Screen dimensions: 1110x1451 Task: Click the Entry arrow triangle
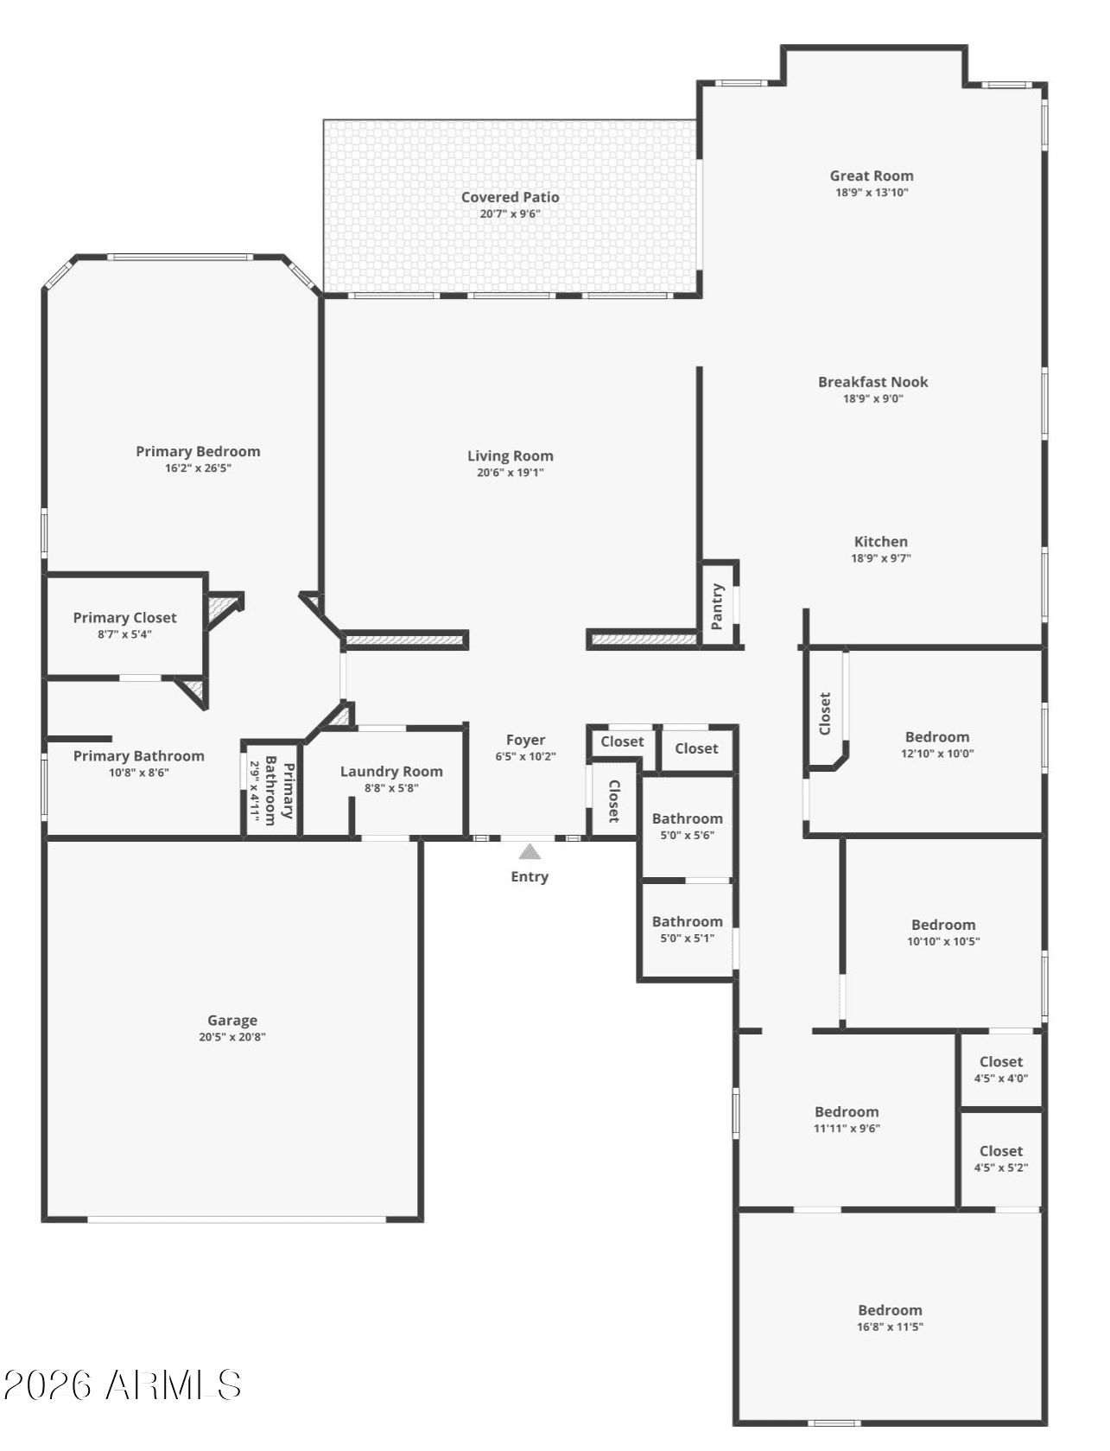point(530,851)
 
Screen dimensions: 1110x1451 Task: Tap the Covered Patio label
point(510,197)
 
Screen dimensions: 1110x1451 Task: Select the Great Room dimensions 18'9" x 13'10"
point(872,193)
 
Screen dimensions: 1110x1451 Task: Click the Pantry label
point(717,606)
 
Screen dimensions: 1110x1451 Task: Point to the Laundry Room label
point(391,772)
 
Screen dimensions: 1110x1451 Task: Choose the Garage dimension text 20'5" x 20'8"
point(232,1036)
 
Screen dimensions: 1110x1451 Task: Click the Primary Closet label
point(125,617)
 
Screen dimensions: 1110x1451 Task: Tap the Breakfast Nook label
point(872,382)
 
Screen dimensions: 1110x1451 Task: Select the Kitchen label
point(881,541)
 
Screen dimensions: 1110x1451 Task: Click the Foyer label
point(526,741)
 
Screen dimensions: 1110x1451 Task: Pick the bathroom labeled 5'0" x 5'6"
point(687,818)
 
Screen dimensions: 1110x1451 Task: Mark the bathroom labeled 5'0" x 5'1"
point(687,921)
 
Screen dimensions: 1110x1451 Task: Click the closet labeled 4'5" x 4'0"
point(1001,1061)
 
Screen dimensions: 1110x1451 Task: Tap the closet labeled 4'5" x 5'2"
point(1001,1151)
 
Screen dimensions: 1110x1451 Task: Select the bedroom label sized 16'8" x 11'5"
point(890,1309)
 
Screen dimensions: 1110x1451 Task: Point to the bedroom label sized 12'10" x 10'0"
point(937,736)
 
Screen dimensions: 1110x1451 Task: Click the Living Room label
point(510,456)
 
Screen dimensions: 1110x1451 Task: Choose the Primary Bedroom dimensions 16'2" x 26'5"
point(198,468)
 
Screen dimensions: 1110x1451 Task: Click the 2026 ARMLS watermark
point(123,1385)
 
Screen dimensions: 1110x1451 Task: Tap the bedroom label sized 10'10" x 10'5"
point(943,925)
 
